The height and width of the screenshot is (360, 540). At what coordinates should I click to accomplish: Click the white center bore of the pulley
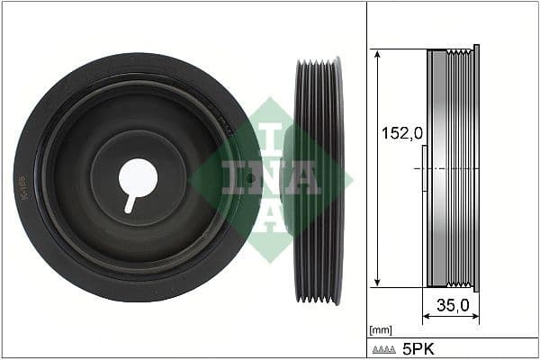tap(138, 175)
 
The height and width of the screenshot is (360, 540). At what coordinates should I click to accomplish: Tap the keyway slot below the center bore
tap(130, 202)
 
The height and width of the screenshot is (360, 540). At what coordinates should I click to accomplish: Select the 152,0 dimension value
tap(400, 133)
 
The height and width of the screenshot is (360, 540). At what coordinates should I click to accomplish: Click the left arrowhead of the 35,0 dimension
tap(427, 317)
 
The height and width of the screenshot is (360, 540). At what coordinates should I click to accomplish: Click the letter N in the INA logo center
tap(270, 178)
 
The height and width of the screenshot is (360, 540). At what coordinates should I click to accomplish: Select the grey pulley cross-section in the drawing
tap(450, 168)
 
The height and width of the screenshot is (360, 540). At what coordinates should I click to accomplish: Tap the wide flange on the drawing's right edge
tap(476, 168)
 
